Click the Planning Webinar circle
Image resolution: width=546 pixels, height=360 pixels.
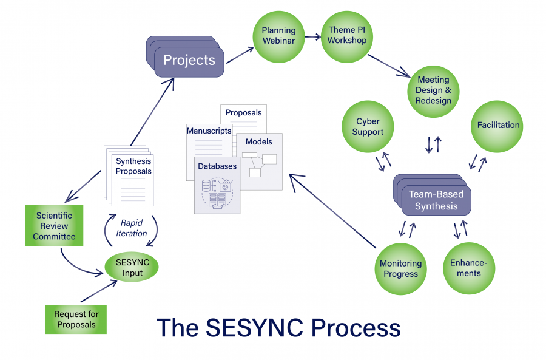278,36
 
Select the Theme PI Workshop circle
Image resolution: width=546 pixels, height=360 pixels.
347,36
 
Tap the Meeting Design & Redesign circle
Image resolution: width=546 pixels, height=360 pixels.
433,90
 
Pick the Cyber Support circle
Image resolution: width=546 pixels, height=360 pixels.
368,126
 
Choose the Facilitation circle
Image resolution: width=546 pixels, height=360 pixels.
498,126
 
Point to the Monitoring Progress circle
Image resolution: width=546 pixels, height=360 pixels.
400,268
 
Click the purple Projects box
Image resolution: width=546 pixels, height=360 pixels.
189,61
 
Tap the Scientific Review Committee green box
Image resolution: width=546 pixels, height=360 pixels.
53,226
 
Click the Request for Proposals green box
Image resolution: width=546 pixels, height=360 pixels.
76,319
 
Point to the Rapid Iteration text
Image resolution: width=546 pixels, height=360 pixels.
132,228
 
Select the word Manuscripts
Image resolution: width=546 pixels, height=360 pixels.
209,131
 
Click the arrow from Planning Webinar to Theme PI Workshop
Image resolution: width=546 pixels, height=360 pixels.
313,37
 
